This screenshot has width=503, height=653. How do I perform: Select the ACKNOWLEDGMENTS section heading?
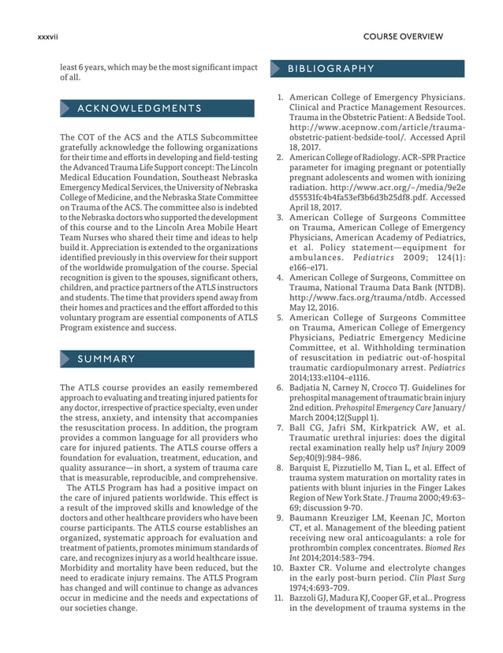[x=140, y=108]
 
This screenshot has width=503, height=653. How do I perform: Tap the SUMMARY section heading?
[x=106, y=360]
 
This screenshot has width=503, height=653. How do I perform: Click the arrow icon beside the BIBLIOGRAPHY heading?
[x=276, y=68]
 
